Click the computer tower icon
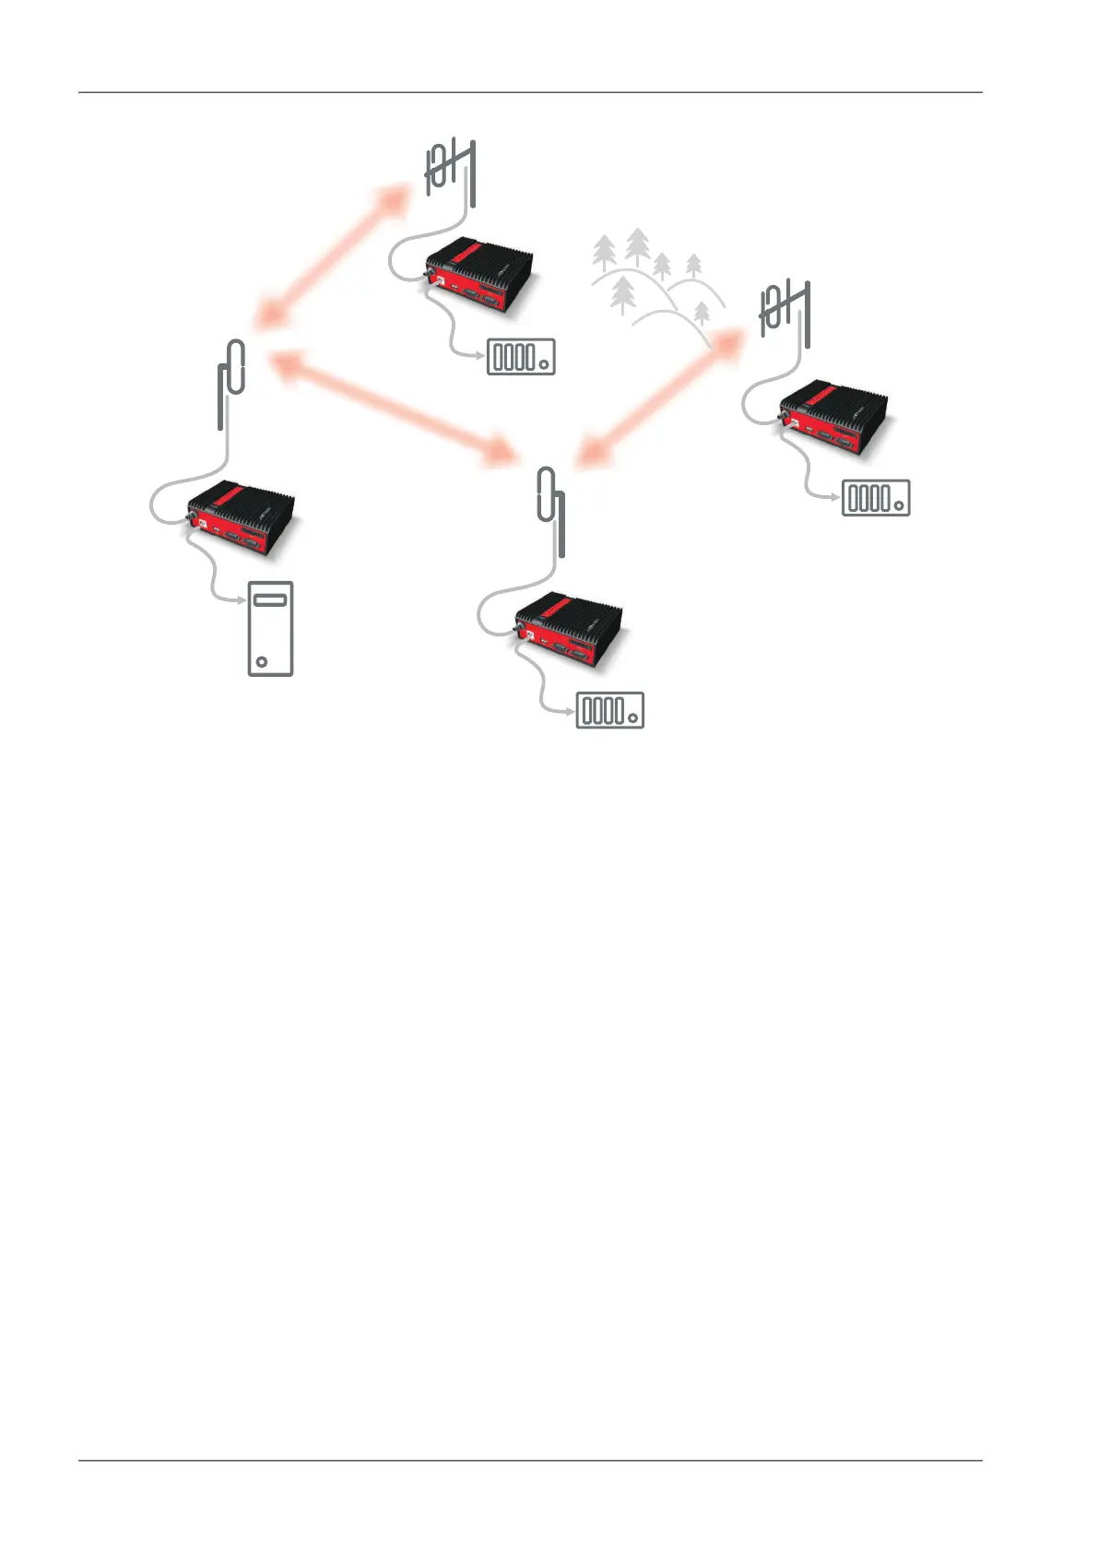(270, 629)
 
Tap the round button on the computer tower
(262, 661)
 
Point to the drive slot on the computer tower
(270, 600)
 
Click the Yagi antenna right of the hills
(785, 314)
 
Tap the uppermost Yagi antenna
(451, 171)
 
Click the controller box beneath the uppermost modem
(521, 357)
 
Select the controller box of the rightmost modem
(876, 498)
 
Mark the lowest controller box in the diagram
(610, 710)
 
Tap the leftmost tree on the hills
(604, 251)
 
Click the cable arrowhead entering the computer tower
(242, 599)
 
